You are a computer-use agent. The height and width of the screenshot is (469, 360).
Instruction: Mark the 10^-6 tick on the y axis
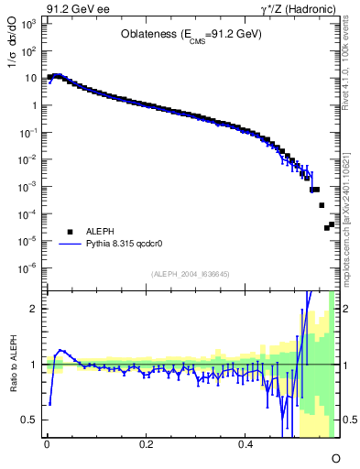pyautogui.click(x=29, y=268)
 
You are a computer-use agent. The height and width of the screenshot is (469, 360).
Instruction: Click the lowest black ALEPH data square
pyautogui.click(x=314, y=228)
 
